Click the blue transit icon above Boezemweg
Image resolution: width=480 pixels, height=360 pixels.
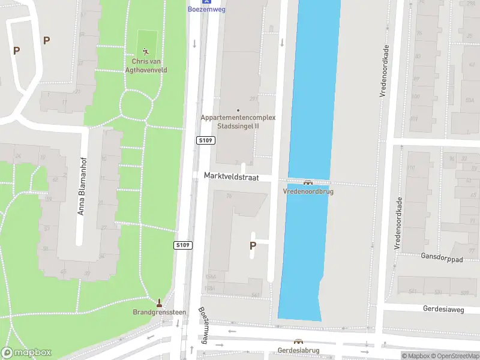(x=206, y=2)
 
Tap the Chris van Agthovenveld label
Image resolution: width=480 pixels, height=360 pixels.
(x=149, y=65)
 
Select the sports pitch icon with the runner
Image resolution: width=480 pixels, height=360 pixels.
(x=146, y=51)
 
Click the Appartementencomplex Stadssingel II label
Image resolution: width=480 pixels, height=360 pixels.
(x=238, y=121)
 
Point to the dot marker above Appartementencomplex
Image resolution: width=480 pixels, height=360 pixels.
(x=238, y=110)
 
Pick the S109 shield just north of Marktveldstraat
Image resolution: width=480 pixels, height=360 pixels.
(x=206, y=140)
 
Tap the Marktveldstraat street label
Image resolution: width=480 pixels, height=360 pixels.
(x=230, y=178)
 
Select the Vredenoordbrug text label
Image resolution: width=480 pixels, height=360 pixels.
(x=308, y=191)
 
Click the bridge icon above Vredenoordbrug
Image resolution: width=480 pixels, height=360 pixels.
(x=308, y=182)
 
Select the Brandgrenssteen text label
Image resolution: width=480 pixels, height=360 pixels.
(x=159, y=312)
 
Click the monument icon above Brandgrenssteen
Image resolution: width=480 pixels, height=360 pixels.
(x=159, y=302)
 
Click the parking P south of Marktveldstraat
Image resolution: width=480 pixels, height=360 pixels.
(x=253, y=245)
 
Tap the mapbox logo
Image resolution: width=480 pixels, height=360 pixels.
(x=26, y=352)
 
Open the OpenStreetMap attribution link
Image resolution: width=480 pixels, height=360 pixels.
(x=454, y=356)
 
